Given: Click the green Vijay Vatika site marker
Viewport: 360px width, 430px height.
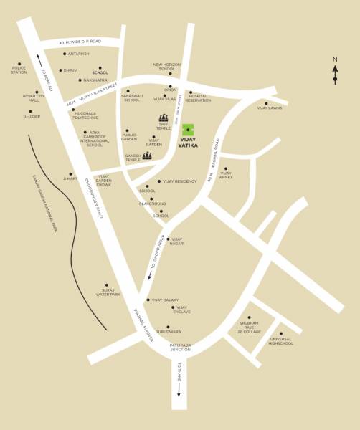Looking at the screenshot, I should tap(188, 130).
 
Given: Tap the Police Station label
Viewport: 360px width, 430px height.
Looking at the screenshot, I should tap(19, 70).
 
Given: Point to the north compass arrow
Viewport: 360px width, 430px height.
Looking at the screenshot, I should tap(335, 73).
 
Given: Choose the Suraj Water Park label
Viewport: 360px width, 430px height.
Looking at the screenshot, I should tap(108, 292).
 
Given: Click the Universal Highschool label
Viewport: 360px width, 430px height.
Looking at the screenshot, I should tap(281, 341).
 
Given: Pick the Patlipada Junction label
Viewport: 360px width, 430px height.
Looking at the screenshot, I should tap(180, 348).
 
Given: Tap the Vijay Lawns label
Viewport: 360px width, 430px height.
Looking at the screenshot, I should tap(270, 107).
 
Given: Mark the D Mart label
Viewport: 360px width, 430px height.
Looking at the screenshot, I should tap(70, 178).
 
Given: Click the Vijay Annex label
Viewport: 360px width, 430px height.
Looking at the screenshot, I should tap(226, 173).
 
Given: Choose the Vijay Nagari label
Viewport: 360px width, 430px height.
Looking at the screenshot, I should tap(176, 242).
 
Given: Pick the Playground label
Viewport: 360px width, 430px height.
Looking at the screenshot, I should tap(152, 204).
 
